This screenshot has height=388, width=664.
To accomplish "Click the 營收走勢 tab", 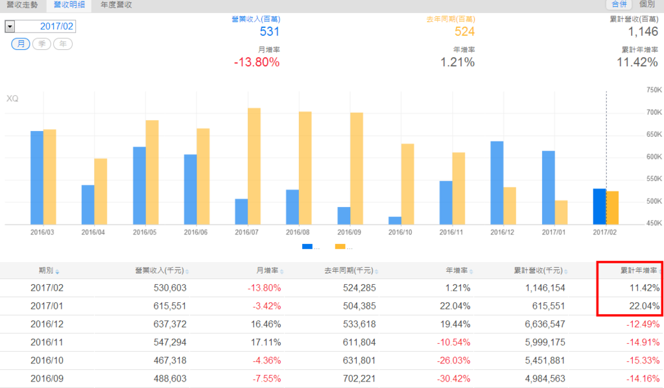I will pos(21,5).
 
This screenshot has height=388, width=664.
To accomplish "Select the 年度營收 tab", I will pos(117,5).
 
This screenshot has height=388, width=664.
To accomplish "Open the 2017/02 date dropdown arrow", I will pos(10,27).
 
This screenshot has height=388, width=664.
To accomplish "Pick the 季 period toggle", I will pos(41,44).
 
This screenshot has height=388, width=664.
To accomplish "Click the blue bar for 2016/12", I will pos(497,183).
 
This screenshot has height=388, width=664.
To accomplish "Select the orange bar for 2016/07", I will pos(254,167).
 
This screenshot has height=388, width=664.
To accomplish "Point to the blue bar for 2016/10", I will pos(394,221).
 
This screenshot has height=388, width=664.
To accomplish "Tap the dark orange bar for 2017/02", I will pos(613,208).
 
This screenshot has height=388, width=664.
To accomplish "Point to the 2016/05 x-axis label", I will pos(145,232).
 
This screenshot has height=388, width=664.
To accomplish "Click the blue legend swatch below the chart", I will pos(307,247).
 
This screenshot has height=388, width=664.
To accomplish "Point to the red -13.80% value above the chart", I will pos(257,62).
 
